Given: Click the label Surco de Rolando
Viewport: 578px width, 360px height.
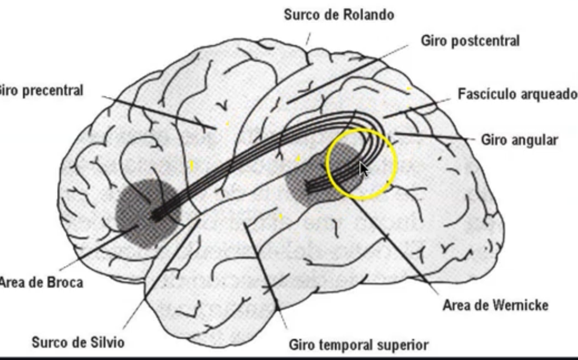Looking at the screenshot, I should [x=339, y=14].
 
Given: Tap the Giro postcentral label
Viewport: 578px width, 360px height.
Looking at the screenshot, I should [x=470, y=41].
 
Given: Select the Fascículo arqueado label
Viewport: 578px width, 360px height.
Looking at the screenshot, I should [x=517, y=94].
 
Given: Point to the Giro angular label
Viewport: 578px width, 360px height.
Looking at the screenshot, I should [x=519, y=140].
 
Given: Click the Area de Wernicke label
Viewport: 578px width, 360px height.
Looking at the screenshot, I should [x=495, y=305].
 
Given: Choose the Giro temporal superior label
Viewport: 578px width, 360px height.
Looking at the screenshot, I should [x=359, y=344].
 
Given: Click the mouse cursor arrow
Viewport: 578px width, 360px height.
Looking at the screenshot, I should [x=364, y=169].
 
